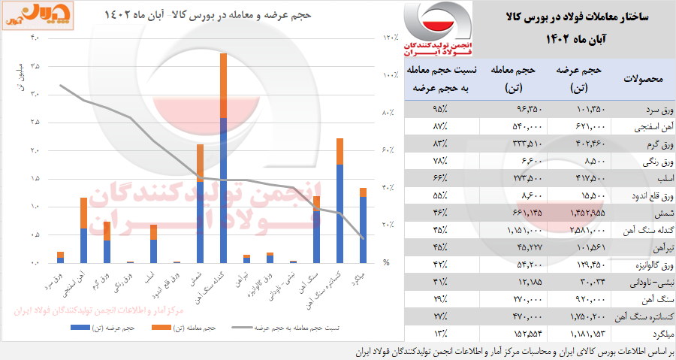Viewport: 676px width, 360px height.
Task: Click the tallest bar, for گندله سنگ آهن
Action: pyautogui.click(x=223, y=158)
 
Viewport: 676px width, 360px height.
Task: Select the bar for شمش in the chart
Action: pyautogui.click(x=200, y=203)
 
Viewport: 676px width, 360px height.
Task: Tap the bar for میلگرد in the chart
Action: pyautogui.click(x=363, y=225)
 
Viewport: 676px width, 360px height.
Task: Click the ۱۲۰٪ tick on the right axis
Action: pyautogui.click(x=391, y=38)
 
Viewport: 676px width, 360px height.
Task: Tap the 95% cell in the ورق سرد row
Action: pyautogui.click(x=439, y=109)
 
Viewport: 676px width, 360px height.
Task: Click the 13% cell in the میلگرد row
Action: pyautogui.click(x=439, y=332)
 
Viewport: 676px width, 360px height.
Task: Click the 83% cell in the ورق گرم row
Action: pyautogui.click(x=439, y=144)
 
